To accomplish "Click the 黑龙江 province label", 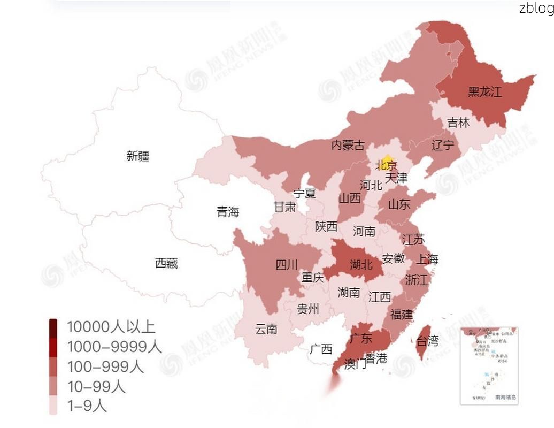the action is [484, 91].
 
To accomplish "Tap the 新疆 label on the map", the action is [138, 156].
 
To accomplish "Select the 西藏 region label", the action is [166, 263].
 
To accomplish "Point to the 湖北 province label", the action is [361, 264].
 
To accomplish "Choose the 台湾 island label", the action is [427, 341].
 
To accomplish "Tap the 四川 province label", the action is [287, 264].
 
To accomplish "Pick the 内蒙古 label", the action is [348, 145].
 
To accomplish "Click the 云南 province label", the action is [266, 329].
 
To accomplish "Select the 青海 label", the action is [228, 212].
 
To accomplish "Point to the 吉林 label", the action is [458, 123].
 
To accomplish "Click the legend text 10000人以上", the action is [111, 326].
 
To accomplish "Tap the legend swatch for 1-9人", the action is [53, 406].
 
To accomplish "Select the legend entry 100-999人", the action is [105, 366].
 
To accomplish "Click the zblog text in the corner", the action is [536, 8].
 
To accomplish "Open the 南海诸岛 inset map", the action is [489, 365].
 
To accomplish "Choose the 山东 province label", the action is [399, 204].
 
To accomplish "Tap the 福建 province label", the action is [402, 314].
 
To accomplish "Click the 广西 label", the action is [321, 349].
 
